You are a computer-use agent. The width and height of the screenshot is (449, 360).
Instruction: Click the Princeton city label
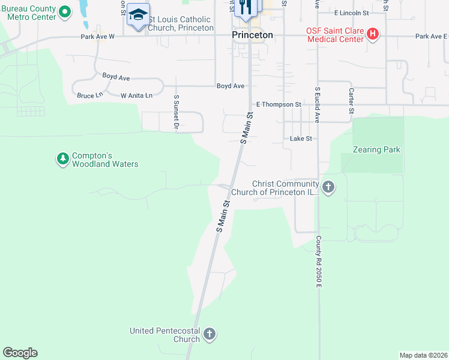[252, 35]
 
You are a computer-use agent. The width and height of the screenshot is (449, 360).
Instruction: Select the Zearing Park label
[376, 149]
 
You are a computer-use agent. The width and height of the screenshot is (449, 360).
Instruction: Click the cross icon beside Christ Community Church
[328, 188]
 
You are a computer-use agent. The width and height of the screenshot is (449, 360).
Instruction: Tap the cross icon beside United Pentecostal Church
[209, 334]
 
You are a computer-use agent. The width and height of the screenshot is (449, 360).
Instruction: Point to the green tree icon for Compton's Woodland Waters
[62, 159]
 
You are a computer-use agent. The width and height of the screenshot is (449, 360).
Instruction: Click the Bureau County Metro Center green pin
[65, 12]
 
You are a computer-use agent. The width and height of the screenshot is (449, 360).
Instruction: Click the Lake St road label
[301, 139]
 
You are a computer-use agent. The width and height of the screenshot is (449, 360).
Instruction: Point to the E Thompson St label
[279, 104]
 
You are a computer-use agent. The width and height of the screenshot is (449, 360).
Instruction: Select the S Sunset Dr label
[176, 112]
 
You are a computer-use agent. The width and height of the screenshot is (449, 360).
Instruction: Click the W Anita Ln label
[136, 95]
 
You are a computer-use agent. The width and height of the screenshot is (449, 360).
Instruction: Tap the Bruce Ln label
[90, 95]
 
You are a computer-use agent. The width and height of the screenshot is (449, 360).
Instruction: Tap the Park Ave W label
[98, 37]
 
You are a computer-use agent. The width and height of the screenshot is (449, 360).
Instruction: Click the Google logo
[20, 353]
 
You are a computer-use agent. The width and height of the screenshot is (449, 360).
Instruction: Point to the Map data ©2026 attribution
[423, 355]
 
